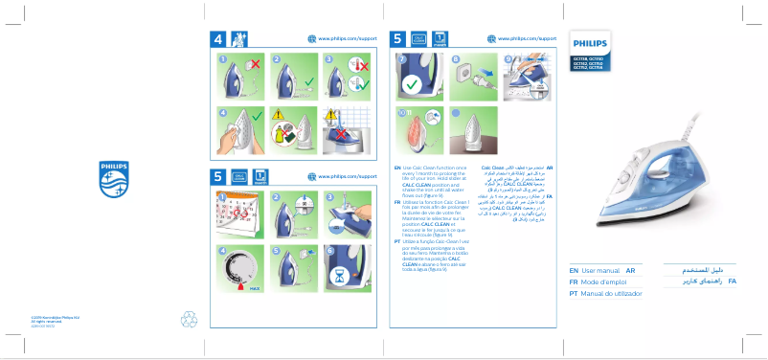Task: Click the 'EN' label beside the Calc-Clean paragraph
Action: pyautogui.click(x=397, y=168)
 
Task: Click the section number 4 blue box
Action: pyautogui.click(x=219, y=39)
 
